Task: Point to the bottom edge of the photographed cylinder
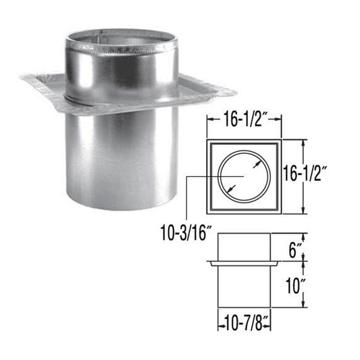click(x=122, y=206)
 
